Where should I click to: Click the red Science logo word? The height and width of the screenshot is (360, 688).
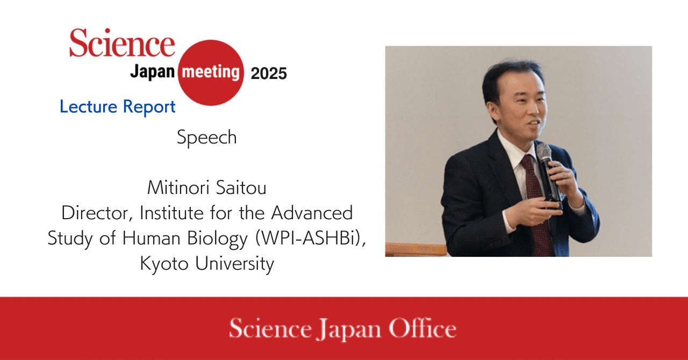click(122, 42)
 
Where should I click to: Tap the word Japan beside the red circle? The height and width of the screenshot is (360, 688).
click(152, 72)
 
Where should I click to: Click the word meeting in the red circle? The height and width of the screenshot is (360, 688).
click(211, 73)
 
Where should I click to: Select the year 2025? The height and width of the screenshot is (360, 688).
click(269, 74)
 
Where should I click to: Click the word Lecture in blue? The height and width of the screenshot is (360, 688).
click(89, 106)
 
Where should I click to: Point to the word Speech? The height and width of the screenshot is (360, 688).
click(207, 138)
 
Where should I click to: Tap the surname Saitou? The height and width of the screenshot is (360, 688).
click(241, 188)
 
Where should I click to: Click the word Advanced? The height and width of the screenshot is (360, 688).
click(312, 213)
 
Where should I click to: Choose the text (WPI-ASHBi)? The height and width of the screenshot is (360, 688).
click(311, 238)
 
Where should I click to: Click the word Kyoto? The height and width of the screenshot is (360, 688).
click(164, 264)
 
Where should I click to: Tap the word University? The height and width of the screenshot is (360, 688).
click(234, 264)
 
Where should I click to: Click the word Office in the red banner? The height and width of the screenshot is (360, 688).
click(422, 328)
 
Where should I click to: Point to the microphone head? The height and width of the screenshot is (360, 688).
click(544, 151)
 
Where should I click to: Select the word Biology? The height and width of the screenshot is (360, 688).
click(217, 239)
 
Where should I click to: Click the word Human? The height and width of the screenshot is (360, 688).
click(151, 238)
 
